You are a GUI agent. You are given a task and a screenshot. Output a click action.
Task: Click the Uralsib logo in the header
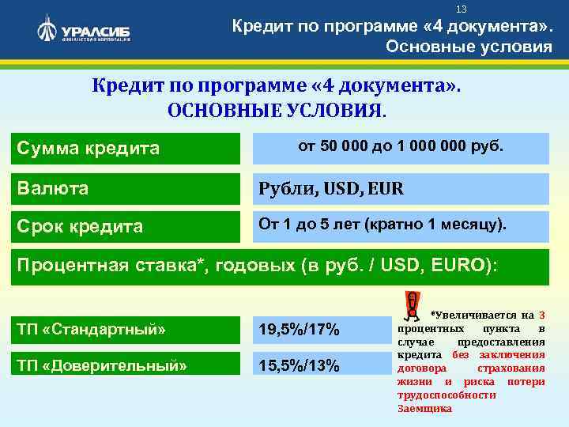pos(83,31)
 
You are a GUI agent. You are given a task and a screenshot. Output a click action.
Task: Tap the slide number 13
pos(462,9)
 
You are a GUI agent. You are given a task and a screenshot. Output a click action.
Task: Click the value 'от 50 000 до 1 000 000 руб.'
pos(404,147)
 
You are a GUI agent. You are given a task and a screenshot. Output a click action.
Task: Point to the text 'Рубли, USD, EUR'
pos(333,189)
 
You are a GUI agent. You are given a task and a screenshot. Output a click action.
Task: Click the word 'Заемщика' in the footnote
pos(424,409)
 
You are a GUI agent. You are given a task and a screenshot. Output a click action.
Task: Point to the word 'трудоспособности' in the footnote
pos(446,395)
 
